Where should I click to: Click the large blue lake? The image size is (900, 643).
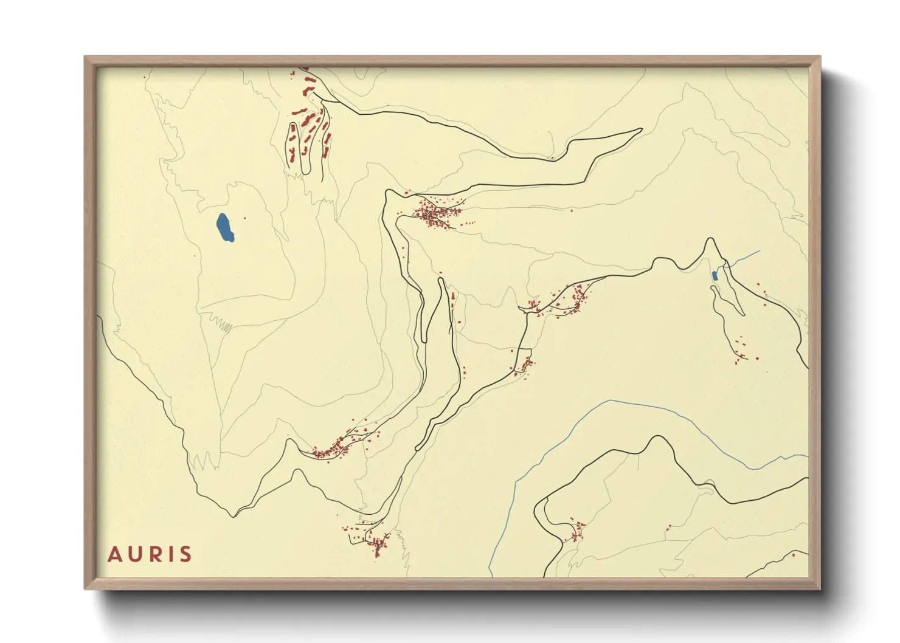(225, 227)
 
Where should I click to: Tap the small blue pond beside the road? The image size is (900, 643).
(715, 276)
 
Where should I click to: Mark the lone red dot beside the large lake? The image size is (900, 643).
(245, 218)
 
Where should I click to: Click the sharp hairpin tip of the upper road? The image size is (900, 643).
(641, 129)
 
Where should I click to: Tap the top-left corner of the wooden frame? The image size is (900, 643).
(86, 58)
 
